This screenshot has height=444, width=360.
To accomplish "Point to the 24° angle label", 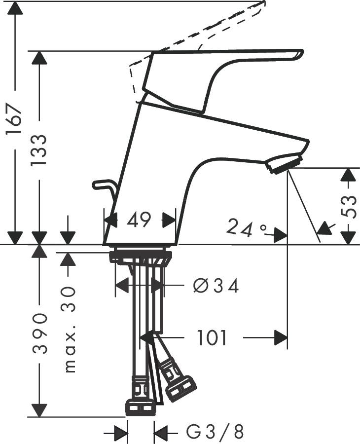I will (x=246, y=227).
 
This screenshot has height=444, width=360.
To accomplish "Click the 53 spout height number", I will (x=349, y=206).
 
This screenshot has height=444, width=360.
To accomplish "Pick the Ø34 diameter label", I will (x=216, y=285).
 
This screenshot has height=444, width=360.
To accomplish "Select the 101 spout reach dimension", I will (x=212, y=338).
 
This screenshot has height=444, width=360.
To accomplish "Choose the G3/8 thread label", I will (x=215, y=433).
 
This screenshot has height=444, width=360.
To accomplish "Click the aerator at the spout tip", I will (x=284, y=163).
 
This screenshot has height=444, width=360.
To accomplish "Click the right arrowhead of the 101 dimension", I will (x=281, y=338).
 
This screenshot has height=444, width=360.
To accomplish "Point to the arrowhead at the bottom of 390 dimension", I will (x=39, y=410).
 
